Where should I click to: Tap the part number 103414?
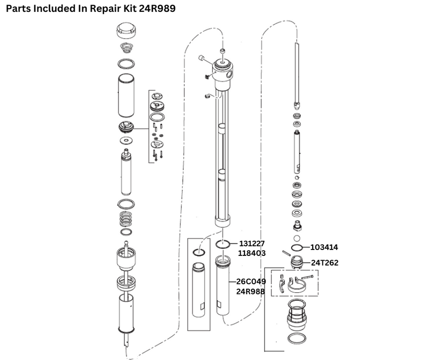pyautogui.click(x=324, y=247)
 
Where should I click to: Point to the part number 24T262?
pyautogui.click(x=324, y=263)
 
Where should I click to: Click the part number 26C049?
pyautogui.click(x=252, y=282)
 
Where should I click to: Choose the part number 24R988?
pyautogui.click(x=252, y=291)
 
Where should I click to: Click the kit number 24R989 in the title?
pyautogui.click(x=157, y=9)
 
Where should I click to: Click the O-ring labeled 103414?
pyautogui.click(x=297, y=248)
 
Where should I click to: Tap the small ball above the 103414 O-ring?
pyautogui.click(x=297, y=237)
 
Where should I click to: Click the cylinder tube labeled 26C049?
pyautogui.click(x=223, y=287)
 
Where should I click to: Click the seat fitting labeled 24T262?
pyautogui.click(x=297, y=262)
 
